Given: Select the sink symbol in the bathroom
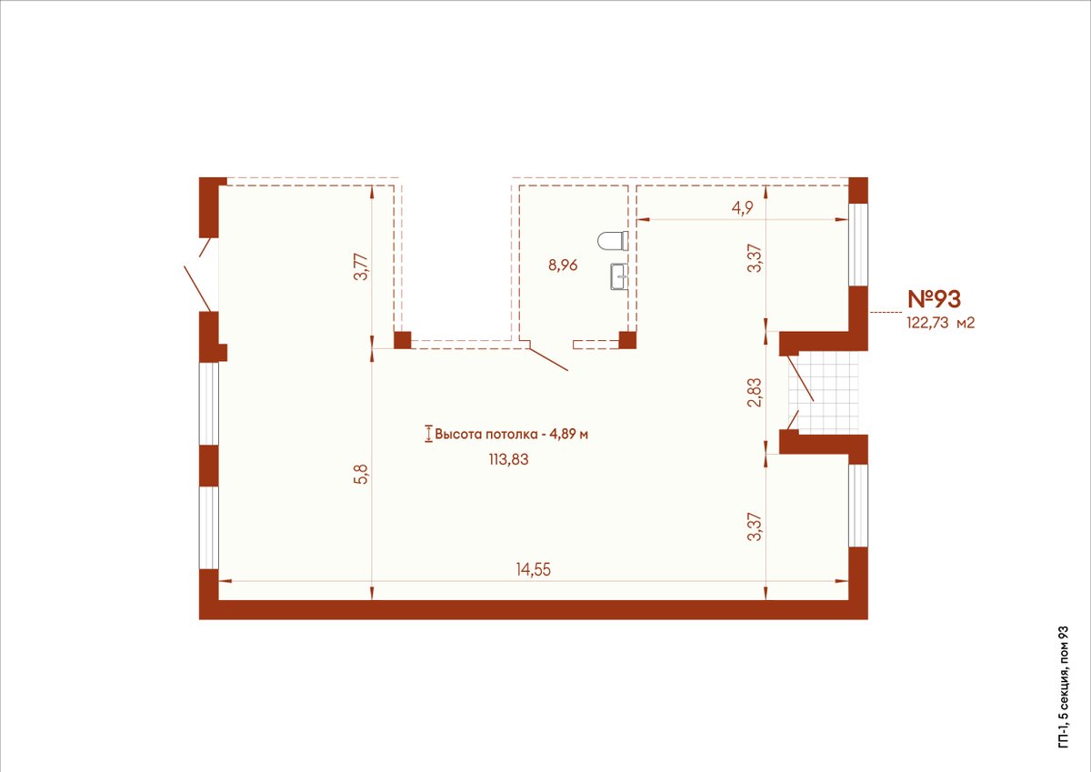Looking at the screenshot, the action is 618,276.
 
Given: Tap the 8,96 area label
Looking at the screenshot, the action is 563,266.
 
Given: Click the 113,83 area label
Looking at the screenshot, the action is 509,459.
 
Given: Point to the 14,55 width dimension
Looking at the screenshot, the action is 534,569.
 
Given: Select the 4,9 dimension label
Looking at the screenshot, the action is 742,208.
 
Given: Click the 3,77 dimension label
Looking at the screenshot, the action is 363,266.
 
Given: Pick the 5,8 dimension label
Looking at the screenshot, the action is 363,475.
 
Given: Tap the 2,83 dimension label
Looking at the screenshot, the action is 756,393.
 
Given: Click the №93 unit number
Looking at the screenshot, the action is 935,299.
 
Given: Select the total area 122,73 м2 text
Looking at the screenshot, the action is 940,323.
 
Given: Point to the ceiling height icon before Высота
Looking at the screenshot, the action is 428,434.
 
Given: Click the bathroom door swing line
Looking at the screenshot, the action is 549,359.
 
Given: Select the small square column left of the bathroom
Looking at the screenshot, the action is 402,340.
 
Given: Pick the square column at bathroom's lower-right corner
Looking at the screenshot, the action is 627,340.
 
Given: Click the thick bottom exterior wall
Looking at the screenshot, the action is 534,609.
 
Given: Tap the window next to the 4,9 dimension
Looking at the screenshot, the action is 858,244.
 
